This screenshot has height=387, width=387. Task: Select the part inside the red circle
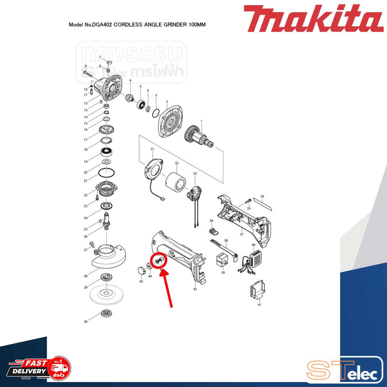point(159,260)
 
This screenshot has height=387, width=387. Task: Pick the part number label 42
point(195,289)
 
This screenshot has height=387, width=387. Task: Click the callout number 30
point(86,322)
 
